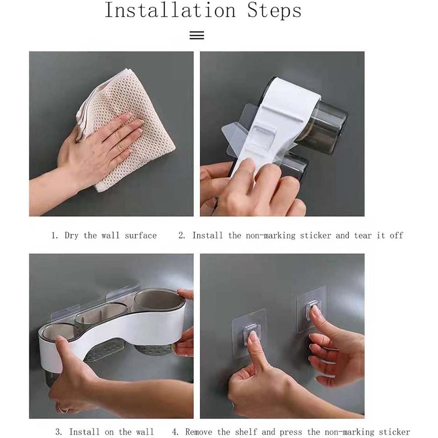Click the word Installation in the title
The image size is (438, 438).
point(170,11)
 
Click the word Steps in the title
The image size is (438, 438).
point(274,11)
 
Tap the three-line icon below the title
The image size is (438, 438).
point(197,35)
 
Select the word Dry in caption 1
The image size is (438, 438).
point(71,236)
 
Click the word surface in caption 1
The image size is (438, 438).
point(141,236)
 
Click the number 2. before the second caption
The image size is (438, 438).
point(182,236)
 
